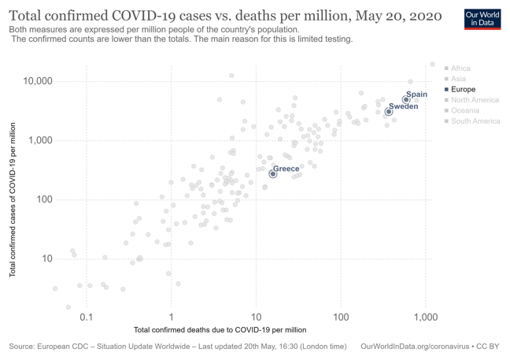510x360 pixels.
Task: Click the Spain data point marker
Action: pyautogui.click(x=406, y=100)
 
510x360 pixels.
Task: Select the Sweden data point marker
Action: pyautogui.click(x=388, y=112)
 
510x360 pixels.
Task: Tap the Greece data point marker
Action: pyautogui.click(x=273, y=174)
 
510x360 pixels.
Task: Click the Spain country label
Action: pyautogui.click(x=417, y=95)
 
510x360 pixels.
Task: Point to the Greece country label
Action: pyautogui.click(x=286, y=169)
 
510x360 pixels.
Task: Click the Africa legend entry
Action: pyautogui.click(x=460, y=69)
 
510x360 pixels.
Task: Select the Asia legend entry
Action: pyautogui.click(x=458, y=79)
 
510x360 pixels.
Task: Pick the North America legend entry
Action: pyautogui.click(x=475, y=100)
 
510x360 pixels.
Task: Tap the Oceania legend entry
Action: pyautogui.click(x=464, y=111)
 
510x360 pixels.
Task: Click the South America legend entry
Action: pyautogui.click(x=475, y=121)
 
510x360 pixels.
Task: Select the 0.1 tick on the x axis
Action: pyautogui.click(x=87, y=317)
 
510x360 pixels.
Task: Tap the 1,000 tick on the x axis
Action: pyautogui.click(x=426, y=317)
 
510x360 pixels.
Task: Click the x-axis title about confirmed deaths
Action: pyautogui.click(x=220, y=329)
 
